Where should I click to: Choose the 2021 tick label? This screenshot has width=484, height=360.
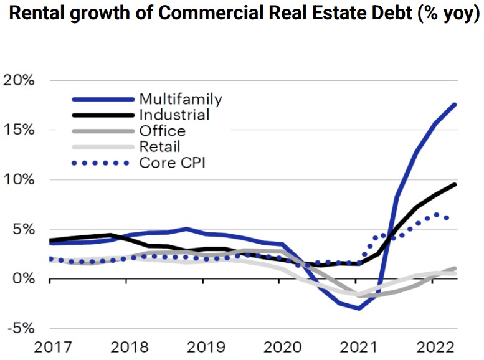pyautogui.click(x=359, y=347)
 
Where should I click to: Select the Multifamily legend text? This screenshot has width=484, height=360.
pyautogui.click(x=181, y=98)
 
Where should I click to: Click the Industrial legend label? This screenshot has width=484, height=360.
pyautogui.click(x=174, y=115)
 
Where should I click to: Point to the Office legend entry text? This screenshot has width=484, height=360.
pyautogui.click(x=163, y=131)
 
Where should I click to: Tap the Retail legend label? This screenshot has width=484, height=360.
pyautogui.click(x=160, y=147)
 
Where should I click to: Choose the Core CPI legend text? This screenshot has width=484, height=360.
pyautogui.click(x=172, y=163)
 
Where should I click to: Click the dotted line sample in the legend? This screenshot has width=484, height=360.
pyautogui.click(x=103, y=163)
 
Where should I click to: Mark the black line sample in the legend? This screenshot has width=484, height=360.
pyautogui.click(x=103, y=115)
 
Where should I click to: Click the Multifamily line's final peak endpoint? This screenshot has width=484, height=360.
pyautogui.click(x=455, y=104)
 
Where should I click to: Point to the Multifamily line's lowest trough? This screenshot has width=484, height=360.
pyautogui.click(x=359, y=308)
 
